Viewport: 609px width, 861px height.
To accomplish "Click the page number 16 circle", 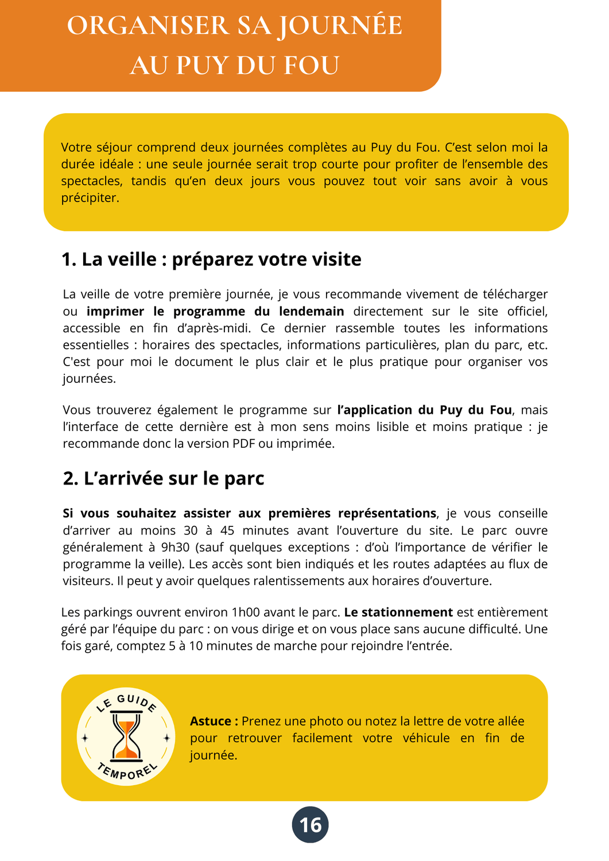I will (311, 825).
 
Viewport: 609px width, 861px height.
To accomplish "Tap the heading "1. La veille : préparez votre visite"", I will (211, 259).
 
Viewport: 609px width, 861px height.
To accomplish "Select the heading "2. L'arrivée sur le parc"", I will (164, 479).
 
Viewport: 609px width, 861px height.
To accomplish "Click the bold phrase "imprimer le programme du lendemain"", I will (215, 311).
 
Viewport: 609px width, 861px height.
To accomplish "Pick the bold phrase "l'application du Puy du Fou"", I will (424, 410).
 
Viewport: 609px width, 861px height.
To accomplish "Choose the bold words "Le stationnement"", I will (398, 612).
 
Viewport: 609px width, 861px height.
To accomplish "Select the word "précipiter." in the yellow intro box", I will (90, 198).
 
